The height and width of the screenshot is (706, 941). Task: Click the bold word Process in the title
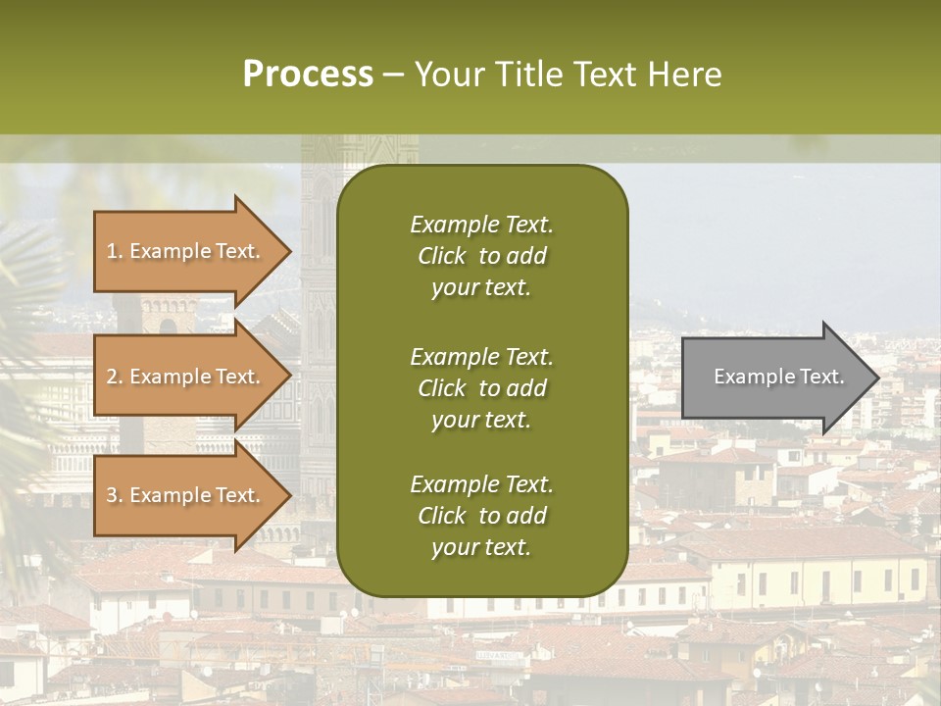(308, 75)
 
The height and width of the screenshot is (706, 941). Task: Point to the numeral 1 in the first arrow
(111, 251)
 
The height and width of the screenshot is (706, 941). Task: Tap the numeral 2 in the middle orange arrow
(112, 377)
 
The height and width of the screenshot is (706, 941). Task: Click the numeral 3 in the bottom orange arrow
(112, 495)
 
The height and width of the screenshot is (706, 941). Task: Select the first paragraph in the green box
(481, 256)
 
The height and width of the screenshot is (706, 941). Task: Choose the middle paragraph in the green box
(481, 388)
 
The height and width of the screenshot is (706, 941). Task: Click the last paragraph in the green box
(481, 516)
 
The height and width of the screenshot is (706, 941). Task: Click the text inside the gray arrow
(779, 377)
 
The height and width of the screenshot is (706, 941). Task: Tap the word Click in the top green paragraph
(442, 256)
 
